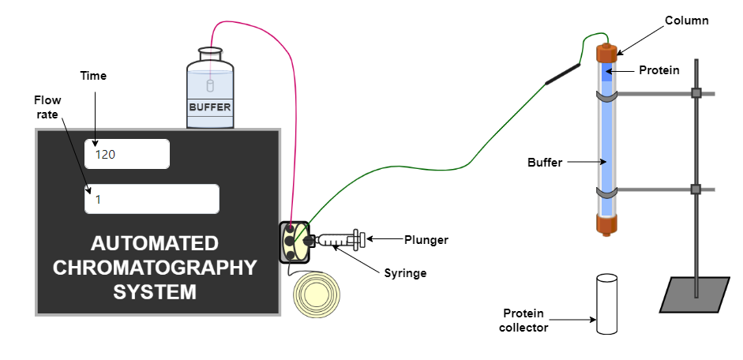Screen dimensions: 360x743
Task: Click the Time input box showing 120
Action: pos(127,154)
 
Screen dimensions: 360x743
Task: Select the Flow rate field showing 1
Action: pos(152,199)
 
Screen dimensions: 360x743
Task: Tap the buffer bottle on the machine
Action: pos(210,91)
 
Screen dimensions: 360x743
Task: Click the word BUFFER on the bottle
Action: pos(210,106)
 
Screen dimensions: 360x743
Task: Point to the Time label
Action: pos(93,76)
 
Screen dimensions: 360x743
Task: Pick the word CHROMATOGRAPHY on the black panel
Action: pos(155,267)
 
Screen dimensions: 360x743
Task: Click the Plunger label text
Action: pos(427,239)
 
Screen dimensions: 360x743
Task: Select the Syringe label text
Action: pos(407,272)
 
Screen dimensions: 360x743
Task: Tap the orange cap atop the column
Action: pos(606,54)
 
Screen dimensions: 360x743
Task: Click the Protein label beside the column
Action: pos(659,69)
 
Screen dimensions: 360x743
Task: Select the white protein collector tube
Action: pos(606,303)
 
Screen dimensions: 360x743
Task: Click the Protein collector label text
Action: pos(524,320)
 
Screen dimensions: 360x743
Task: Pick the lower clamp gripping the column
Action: pos(606,192)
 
